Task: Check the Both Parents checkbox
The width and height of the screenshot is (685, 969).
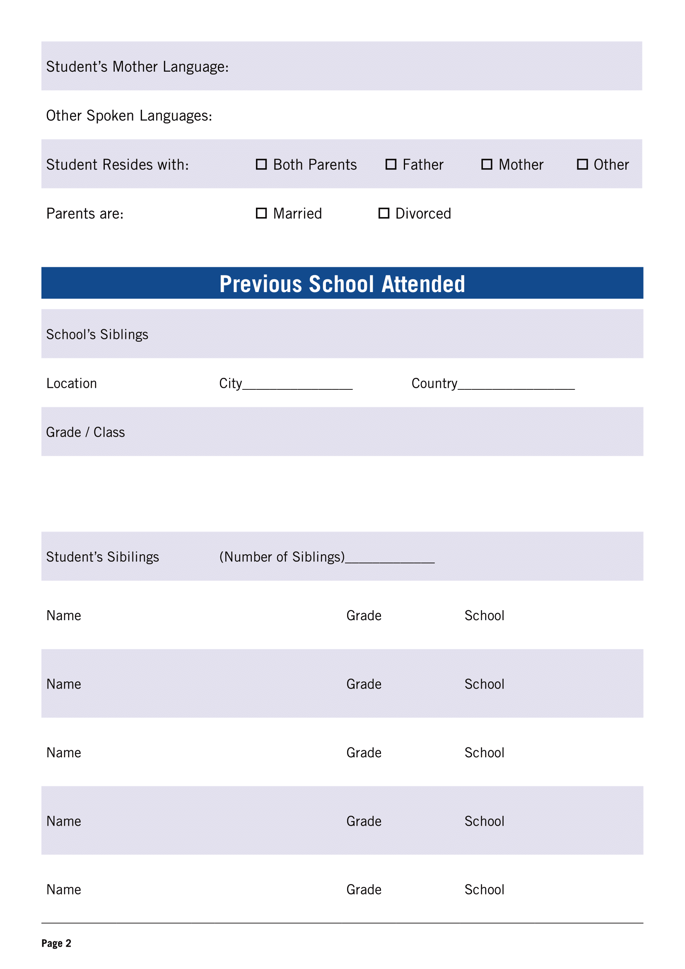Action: point(261,164)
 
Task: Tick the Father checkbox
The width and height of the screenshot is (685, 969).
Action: point(391,164)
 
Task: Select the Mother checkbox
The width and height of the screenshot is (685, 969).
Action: point(487,164)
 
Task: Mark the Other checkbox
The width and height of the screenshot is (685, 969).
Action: point(583,164)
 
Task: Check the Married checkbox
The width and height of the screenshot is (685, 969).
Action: point(261,213)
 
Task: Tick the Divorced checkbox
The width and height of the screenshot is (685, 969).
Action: point(384,213)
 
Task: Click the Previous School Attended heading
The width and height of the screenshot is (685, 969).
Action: point(342,284)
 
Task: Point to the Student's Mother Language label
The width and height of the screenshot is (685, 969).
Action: point(137,67)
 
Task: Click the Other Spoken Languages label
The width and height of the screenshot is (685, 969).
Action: point(129,116)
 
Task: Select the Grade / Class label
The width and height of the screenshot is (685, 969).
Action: point(86,432)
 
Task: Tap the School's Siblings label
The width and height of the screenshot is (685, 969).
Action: point(97,334)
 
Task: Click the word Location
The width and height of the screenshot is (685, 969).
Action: point(72,383)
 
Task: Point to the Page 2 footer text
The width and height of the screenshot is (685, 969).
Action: point(56,943)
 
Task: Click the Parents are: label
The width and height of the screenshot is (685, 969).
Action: point(85,213)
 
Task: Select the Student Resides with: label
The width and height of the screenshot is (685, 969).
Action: point(118,164)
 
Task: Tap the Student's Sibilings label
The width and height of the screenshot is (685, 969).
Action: point(102,557)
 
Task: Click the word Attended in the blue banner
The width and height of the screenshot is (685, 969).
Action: point(423,284)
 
